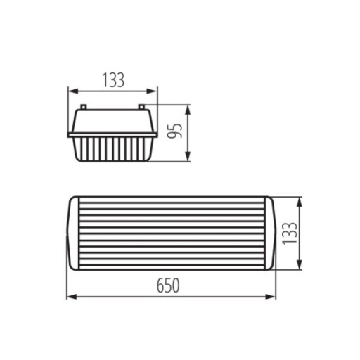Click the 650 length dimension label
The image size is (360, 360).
pos(168,285)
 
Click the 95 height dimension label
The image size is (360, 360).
pos(175,131)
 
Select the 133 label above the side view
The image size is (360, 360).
pos(113,80)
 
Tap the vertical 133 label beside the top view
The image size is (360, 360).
pos(290,233)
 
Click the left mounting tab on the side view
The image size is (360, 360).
pos(84,107)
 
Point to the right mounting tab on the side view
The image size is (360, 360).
pos(141,107)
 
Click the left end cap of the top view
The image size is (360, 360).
pos(74,233)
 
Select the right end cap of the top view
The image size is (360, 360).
pos(269,233)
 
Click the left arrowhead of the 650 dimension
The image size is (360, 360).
pos(72,297)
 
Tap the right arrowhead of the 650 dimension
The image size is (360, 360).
pos(271,297)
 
